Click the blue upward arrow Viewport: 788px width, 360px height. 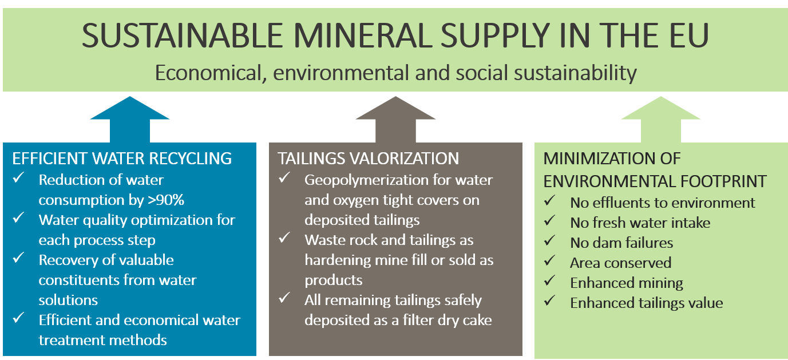pos(130,120)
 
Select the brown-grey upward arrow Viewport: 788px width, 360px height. pos(395,120)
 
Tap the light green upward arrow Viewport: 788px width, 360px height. pos(660,120)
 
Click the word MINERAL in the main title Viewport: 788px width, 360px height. pos(363,35)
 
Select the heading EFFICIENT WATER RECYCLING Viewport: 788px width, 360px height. pos(122,159)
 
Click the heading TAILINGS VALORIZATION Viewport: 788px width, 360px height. pos(369,159)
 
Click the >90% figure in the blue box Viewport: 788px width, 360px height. pos(166,200)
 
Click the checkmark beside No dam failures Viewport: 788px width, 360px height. pos(549,241)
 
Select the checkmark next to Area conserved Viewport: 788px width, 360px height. pos(549,261)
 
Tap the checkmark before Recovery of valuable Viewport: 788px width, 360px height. pos(18,258)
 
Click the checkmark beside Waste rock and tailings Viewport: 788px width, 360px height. pos(284,238)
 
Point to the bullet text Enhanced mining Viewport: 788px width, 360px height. pos(627,283)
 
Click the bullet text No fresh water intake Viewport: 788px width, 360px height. pos(640,223)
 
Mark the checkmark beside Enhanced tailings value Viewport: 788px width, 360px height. pos(549,301)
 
